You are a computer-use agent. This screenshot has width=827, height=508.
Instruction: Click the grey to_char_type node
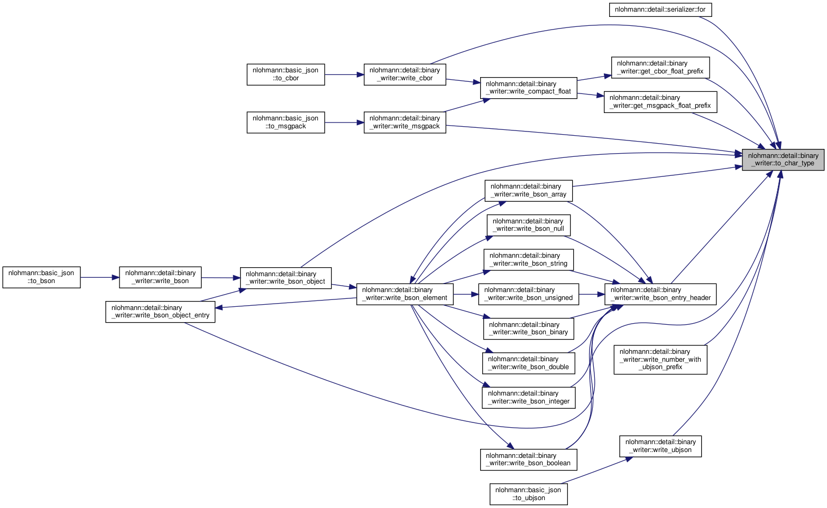(783, 159)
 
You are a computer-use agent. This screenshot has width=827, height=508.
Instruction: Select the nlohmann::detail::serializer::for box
(660, 10)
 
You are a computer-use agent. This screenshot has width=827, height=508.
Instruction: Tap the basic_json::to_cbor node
(286, 74)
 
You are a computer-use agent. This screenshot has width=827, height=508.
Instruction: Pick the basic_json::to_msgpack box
(286, 123)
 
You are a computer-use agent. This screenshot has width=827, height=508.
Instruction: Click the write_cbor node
(405, 74)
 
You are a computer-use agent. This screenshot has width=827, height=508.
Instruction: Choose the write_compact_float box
(528, 88)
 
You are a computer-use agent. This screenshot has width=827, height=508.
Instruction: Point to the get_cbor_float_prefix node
(660, 68)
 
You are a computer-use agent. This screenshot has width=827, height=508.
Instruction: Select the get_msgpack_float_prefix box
(660, 102)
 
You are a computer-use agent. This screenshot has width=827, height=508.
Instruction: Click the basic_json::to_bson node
(41, 277)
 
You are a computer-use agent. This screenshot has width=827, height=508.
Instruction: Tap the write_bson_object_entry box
(160, 312)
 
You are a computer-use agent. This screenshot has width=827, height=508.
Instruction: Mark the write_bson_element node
(405, 294)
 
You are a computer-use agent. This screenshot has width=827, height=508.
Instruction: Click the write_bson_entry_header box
(660, 294)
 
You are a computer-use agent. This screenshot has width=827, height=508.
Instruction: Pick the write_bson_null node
(528, 225)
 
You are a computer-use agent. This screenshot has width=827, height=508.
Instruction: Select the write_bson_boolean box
(528, 459)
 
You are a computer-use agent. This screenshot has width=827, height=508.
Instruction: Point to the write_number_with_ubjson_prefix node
(660, 360)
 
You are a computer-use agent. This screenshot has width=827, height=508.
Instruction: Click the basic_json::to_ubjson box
(528, 494)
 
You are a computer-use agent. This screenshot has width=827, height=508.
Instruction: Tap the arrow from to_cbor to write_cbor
(344, 74)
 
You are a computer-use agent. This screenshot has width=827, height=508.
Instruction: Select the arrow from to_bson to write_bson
(100, 277)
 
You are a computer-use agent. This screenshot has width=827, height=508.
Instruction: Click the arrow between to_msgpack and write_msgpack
(344, 123)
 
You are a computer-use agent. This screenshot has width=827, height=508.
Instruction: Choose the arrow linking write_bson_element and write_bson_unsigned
(466, 294)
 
